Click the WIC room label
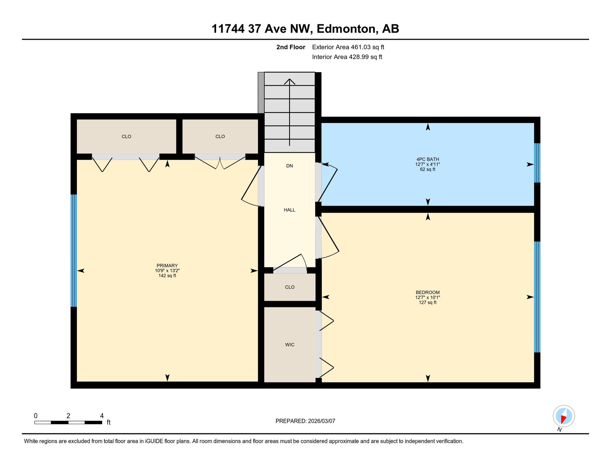click(x=290, y=345)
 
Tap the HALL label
click(x=290, y=210)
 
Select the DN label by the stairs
click(x=290, y=166)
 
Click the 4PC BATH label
click(x=428, y=159)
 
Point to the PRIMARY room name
click(x=167, y=265)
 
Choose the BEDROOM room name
click(x=428, y=292)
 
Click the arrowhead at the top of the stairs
click(x=290, y=81)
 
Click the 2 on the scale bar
click(x=68, y=416)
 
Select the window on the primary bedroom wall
click(x=74, y=251)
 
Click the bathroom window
click(x=537, y=163)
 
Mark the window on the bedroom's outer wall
click(x=537, y=297)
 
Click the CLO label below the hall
click(x=290, y=287)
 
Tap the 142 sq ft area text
click(x=167, y=276)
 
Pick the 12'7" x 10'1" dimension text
click(x=428, y=297)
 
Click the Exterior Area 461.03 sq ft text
click(x=348, y=47)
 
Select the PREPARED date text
click(x=305, y=421)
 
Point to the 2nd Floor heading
click(x=291, y=47)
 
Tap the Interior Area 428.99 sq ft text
click(x=347, y=57)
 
